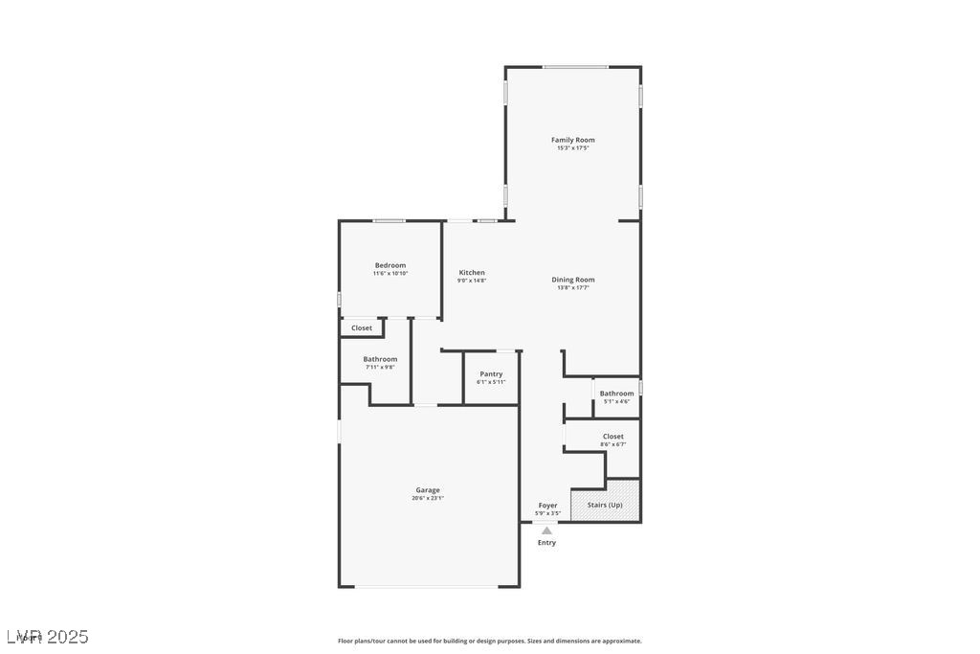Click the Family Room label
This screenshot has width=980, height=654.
(572, 140)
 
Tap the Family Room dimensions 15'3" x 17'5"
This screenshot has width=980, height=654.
(572, 148)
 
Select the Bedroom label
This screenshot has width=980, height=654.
(390, 265)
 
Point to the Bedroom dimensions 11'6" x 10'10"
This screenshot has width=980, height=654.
(390, 274)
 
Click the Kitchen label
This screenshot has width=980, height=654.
(472, 273)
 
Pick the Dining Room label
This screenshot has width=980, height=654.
(573, 280)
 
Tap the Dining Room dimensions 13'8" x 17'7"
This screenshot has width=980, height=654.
(573, 288)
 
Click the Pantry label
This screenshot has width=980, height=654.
(491, 374)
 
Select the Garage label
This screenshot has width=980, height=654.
(428, 490)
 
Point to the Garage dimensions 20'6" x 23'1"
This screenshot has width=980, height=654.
(428, 499)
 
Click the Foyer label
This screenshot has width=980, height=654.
(547, 506)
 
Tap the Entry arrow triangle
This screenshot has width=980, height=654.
(546, 530)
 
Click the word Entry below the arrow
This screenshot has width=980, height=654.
(546, 543)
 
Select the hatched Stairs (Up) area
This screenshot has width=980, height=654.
(605, 505)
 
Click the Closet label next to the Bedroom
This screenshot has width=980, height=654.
(362, 328)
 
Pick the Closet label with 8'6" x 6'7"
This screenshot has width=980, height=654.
(613, 437)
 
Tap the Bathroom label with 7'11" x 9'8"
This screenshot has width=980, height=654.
(380, 359)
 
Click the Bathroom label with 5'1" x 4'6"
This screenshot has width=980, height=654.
(616, 394)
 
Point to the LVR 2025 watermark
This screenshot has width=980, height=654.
(48, 637)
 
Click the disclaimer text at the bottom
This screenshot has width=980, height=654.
(490, 642)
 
